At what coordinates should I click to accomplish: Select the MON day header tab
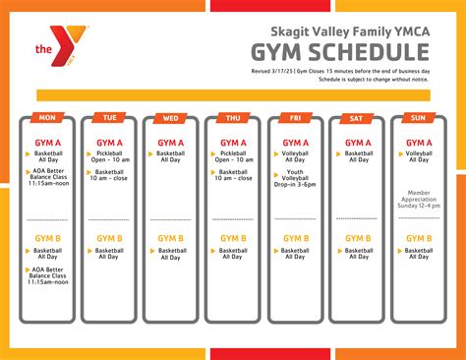[x=46, y=118]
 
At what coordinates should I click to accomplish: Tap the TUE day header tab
[x=109, y=118]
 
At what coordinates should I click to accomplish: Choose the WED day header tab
[x=171, y=118]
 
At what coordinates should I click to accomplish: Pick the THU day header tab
[x=233, y=118]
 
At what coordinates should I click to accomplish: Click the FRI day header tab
[x=295, y=118]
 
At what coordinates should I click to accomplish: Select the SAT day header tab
[x=358, y=118]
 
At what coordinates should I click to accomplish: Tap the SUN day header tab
[x=419, y=118]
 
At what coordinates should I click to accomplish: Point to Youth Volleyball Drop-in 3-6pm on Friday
[x=299, y=179]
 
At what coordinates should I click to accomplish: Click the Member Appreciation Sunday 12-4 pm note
[x=420, y=201]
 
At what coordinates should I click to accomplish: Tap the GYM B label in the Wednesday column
[x=171, y=238]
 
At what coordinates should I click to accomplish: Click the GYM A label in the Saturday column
[x=358, y=143]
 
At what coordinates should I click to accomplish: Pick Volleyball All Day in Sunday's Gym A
[x=420, y=158]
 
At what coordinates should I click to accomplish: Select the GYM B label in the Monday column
[x=46, y=238]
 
